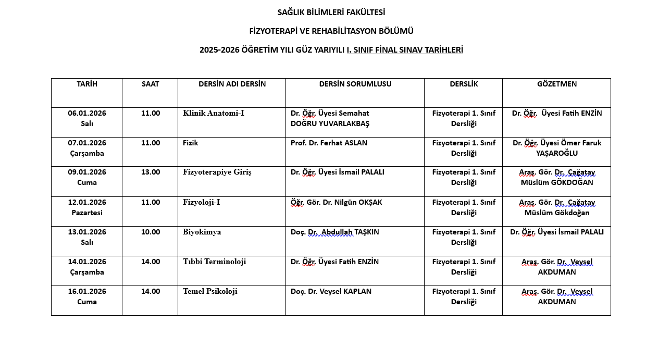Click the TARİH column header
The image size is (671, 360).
87,84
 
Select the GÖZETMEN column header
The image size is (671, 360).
557,84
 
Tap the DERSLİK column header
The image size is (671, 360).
464,84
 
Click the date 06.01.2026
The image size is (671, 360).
87,113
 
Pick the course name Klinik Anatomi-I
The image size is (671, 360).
214,113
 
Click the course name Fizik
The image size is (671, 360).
191,143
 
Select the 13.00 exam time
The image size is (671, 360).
151,172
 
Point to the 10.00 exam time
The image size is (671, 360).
151,232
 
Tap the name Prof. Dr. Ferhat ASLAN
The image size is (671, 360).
329,143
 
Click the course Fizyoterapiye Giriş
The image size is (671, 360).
217,172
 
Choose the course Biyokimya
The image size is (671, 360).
202,232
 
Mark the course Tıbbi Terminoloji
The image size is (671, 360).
215,262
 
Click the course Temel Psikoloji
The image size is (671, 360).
210,291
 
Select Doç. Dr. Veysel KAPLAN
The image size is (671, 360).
331,291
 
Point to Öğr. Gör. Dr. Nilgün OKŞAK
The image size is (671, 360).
336,202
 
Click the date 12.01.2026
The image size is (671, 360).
87,202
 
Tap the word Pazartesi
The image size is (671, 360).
87,213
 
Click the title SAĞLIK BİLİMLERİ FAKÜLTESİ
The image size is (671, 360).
331,12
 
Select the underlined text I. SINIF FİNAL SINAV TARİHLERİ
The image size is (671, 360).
405,50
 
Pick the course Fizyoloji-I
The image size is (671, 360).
202,202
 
